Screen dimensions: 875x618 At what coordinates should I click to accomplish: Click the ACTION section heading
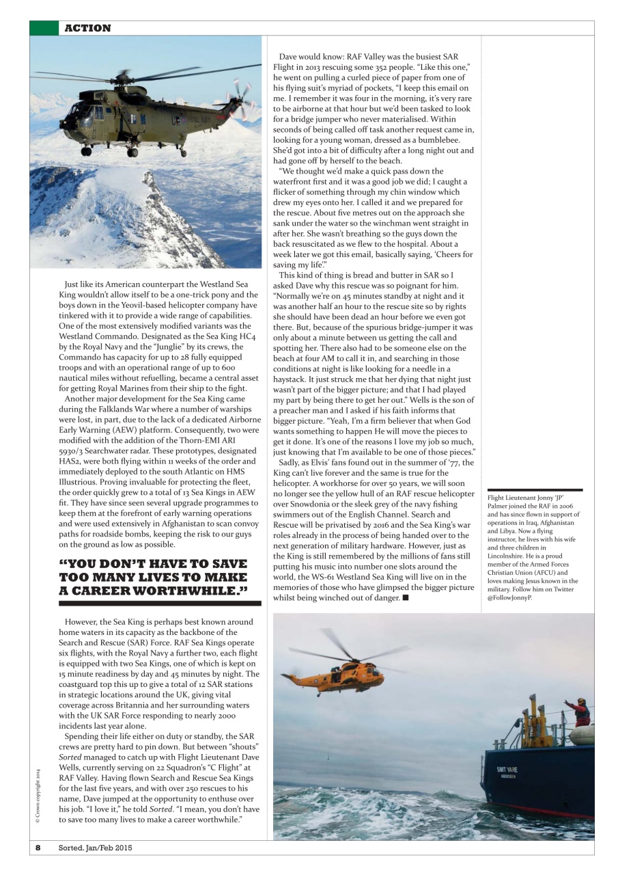[x=87, y=28]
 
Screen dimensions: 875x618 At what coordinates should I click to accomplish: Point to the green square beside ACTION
[x=44, y=28]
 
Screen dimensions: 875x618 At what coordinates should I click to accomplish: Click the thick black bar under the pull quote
[x=160, y=604]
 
